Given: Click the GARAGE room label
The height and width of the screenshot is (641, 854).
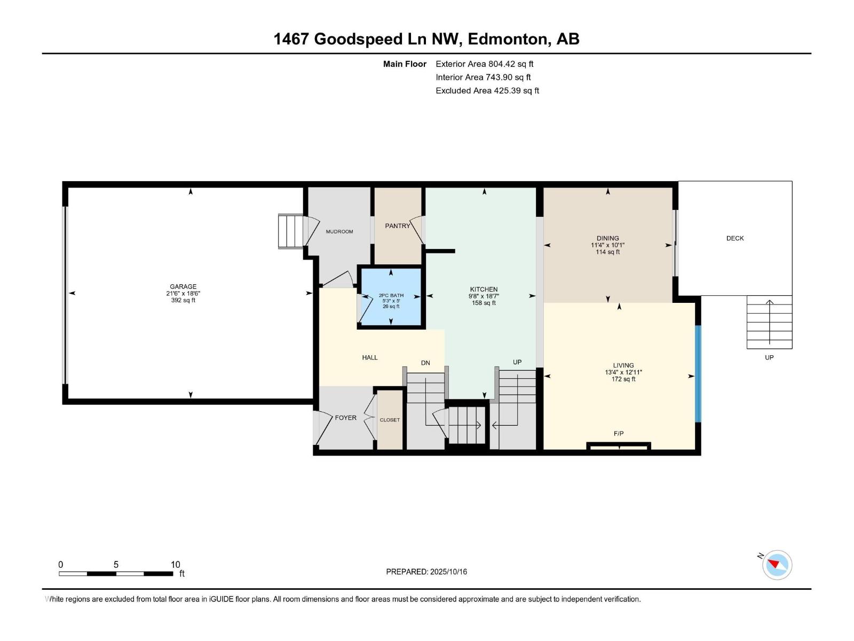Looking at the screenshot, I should point(183,287).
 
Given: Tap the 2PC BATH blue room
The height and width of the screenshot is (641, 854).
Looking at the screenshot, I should point(391,299).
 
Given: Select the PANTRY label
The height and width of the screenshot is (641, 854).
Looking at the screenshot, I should point(398,226).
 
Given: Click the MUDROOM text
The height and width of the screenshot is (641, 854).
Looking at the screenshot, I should point(339,232).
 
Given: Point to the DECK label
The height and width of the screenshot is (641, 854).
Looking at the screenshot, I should point(735,238).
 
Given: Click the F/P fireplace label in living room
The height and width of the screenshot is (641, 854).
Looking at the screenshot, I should point(619,434).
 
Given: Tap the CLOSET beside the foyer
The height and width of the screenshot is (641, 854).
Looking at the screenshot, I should point(390,420).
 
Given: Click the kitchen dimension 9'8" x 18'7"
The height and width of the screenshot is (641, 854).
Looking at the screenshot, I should point(484,296).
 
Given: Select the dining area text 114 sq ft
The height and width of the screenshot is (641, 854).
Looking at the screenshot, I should point(607,252).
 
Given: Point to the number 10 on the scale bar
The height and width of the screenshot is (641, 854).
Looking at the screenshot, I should point(175,565).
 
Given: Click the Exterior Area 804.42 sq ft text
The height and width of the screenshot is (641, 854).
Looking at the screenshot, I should point(484,64).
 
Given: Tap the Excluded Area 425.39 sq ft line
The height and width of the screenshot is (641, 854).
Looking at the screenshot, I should point(487,91).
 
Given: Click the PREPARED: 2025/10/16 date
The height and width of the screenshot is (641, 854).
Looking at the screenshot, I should point(426,572).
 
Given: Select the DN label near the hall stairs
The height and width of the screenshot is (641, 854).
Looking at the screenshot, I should point(425,363).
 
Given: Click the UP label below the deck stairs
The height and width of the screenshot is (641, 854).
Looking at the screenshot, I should point(769,358).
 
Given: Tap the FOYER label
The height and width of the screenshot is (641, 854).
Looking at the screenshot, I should point(345,418).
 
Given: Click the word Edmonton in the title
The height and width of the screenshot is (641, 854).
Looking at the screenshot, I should point(510,39).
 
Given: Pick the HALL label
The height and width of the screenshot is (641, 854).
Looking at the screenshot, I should point(370,358).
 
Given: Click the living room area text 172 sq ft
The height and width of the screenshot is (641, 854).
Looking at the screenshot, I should point(623,379).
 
